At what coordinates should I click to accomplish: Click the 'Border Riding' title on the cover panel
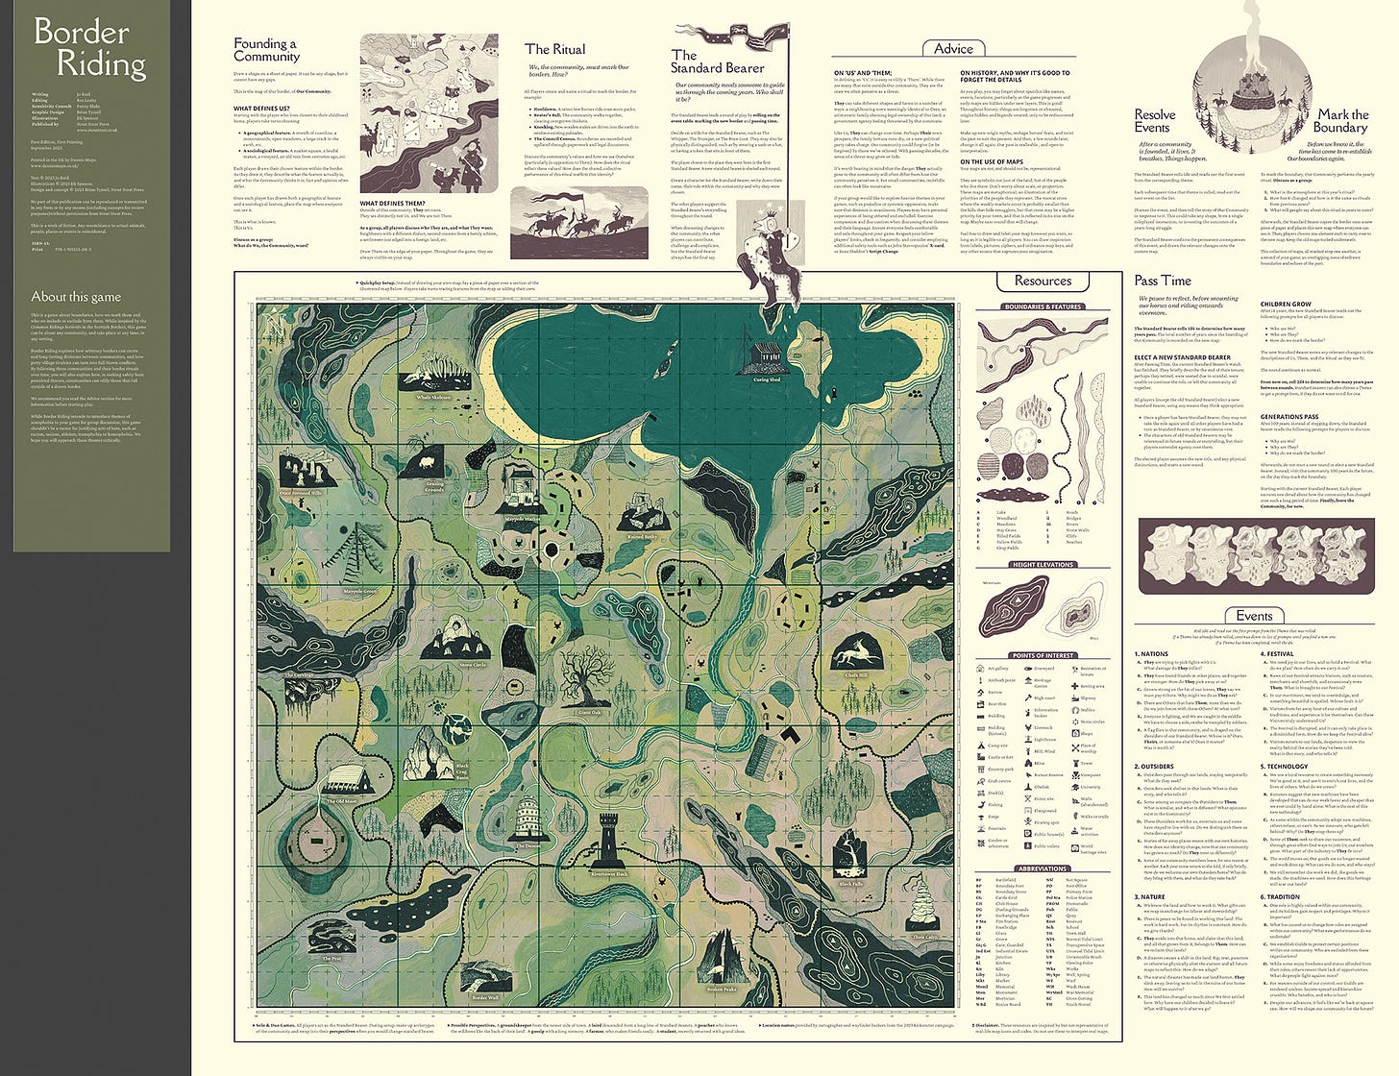point(90,48)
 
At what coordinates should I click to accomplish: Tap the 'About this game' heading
point(76,297)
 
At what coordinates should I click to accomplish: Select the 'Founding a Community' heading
point(265,50)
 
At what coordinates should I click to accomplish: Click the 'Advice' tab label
point(953,49)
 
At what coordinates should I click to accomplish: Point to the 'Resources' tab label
point(1043,281)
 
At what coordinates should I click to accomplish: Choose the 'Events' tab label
point(1254,616)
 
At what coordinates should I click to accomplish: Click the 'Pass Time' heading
point(1163,281)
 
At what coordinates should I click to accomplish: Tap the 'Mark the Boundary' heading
point(1342,121)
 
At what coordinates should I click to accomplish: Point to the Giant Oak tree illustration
point(588,682)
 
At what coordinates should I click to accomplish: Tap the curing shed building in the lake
point(766,357)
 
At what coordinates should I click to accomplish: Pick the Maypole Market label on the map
point(522,518)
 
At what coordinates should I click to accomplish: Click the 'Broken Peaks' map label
point(721,989)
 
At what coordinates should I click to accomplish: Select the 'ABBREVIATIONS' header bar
point(1043,868)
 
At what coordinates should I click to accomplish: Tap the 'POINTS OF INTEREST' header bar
point(1043,655)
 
